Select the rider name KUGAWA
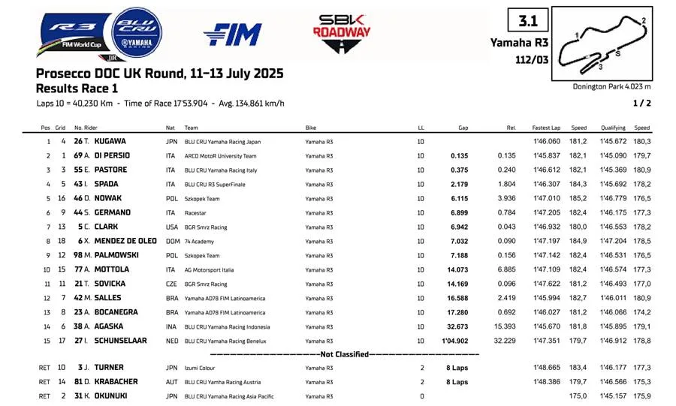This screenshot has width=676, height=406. (x=110, y=141)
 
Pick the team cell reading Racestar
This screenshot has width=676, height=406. (x=197, y=212)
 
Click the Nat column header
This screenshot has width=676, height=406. (x=171, y=128)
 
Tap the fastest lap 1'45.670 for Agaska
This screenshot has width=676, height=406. (x=546, y=326)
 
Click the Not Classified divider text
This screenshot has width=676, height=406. (x=345, y=354)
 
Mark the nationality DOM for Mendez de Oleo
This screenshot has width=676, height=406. (x=173, y=241)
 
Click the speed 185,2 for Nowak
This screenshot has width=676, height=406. (x=578, y=198)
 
